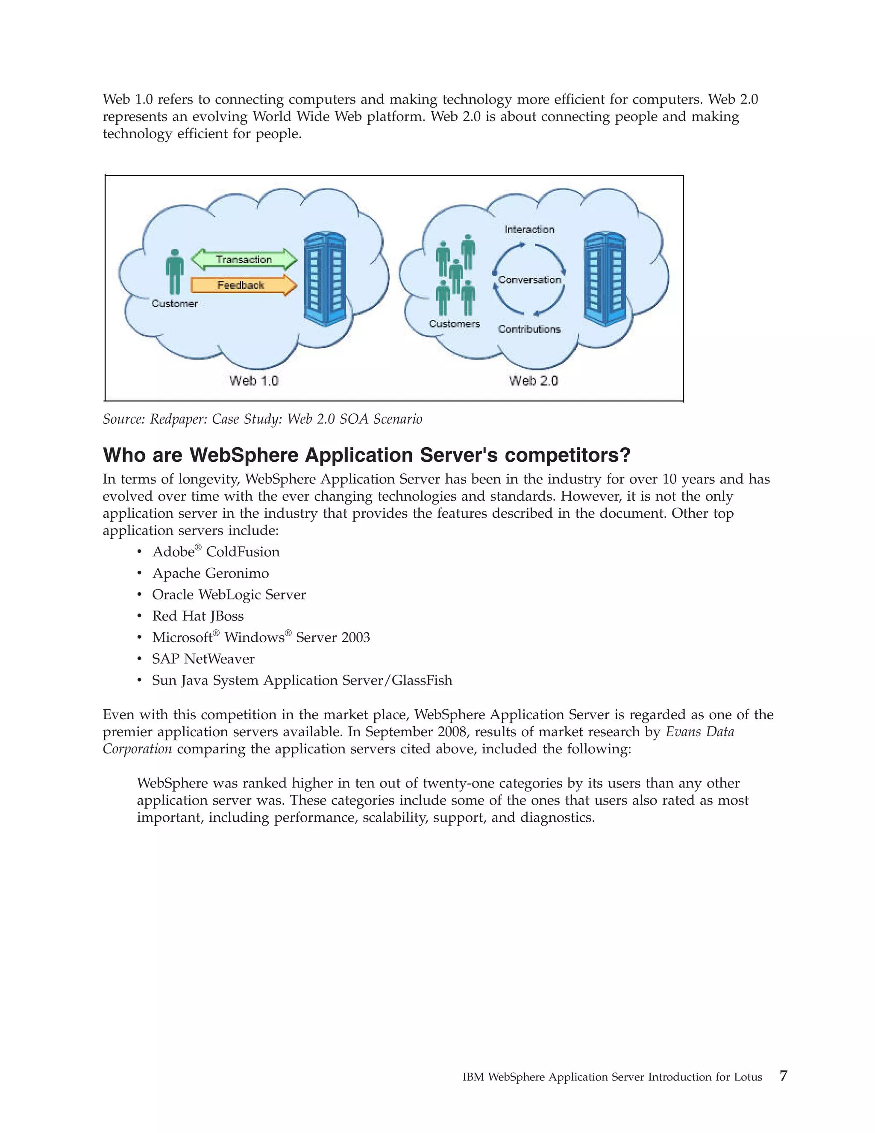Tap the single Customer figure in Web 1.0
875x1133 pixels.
pos(175,272)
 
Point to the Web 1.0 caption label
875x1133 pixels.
pos(254,381)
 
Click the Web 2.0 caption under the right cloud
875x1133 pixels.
pos(533,381)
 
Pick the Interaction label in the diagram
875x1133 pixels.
pos(529,229)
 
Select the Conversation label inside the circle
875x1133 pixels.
pos(529,280)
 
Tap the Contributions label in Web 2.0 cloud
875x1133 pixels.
pos(529,329)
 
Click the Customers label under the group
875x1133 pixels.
pos(454,324)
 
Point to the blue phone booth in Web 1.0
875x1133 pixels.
pos(325,279)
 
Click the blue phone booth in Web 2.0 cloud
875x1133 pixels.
pos(605,279)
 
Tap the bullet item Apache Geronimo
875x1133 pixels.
pos(211,573)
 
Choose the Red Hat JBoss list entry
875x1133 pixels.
pos(197,616)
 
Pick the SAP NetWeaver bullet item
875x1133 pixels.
pos(203,659)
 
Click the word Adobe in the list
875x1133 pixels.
pos(173,552)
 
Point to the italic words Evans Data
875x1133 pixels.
pos(700,732)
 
